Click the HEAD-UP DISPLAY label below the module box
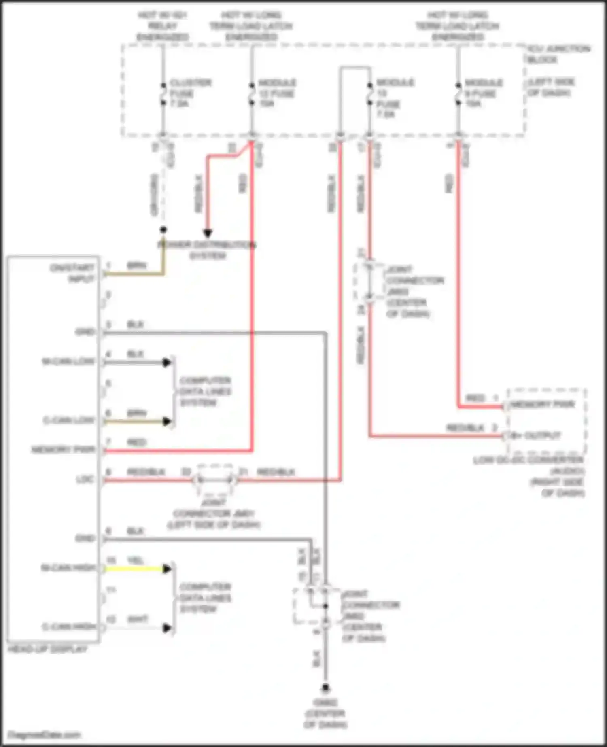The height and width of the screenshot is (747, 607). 47,649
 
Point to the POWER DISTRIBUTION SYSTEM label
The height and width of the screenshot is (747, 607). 207,250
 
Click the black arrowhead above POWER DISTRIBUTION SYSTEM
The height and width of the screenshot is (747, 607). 208,233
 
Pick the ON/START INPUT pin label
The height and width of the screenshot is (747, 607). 72,273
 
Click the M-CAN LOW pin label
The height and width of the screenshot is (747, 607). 68,361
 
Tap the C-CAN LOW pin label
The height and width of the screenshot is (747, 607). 69,420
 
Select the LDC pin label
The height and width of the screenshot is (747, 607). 85,480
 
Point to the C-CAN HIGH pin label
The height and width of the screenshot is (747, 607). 69,627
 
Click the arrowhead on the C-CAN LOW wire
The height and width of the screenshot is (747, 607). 167,421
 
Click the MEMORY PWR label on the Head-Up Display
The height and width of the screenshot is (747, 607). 63,450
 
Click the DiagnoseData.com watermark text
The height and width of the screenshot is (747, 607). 45,734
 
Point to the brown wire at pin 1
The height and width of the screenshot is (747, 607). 134,274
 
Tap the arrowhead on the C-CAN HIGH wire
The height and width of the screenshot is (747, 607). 167,628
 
